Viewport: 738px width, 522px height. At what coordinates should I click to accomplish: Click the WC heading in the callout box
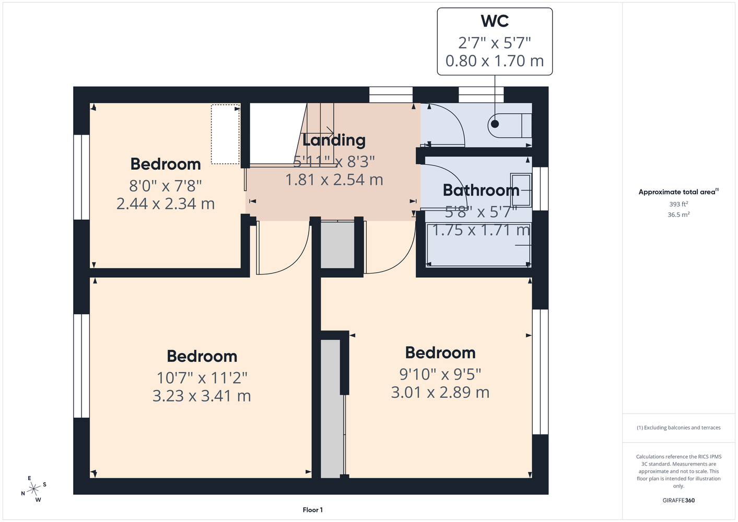(x=495, y=21)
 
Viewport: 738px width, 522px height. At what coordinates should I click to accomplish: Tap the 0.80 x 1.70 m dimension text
(x=495, y=61)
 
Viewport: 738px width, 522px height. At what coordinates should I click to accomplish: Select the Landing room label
(x=334, y=140)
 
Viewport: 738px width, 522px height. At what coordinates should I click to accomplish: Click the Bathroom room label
(x=481, y=190)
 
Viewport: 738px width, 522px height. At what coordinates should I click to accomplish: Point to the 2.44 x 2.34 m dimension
(x=166, y=204)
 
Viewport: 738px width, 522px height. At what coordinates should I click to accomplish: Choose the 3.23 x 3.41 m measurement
(x=202, y=396)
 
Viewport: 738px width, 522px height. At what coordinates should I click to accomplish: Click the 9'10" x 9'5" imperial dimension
(x=440, y=374)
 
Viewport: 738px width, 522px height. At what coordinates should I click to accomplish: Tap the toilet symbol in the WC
(x=510, y=125)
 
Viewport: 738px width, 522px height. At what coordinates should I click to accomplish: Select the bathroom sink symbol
(x=521, y=190)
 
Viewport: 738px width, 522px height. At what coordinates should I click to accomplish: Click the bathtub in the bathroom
(x=478, y=245)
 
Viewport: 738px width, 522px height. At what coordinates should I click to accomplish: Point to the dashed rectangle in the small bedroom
(x=225, y=134)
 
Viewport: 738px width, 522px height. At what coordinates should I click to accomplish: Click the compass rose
(x=33, y=489)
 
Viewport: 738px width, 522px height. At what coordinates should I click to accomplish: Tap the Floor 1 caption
(x=313, y=510)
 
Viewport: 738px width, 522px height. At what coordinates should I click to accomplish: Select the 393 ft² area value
(x=678, y=204)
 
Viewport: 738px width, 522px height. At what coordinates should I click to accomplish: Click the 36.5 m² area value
(x=678, y=215)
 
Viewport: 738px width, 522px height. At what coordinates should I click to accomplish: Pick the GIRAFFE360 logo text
(x=678, y=500)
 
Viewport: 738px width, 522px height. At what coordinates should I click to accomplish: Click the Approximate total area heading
(x=678, y=192)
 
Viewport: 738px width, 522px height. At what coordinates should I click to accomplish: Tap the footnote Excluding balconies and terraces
(x=678, y=428)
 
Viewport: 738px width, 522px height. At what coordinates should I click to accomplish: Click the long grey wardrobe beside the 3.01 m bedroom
(x=331, y=408)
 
